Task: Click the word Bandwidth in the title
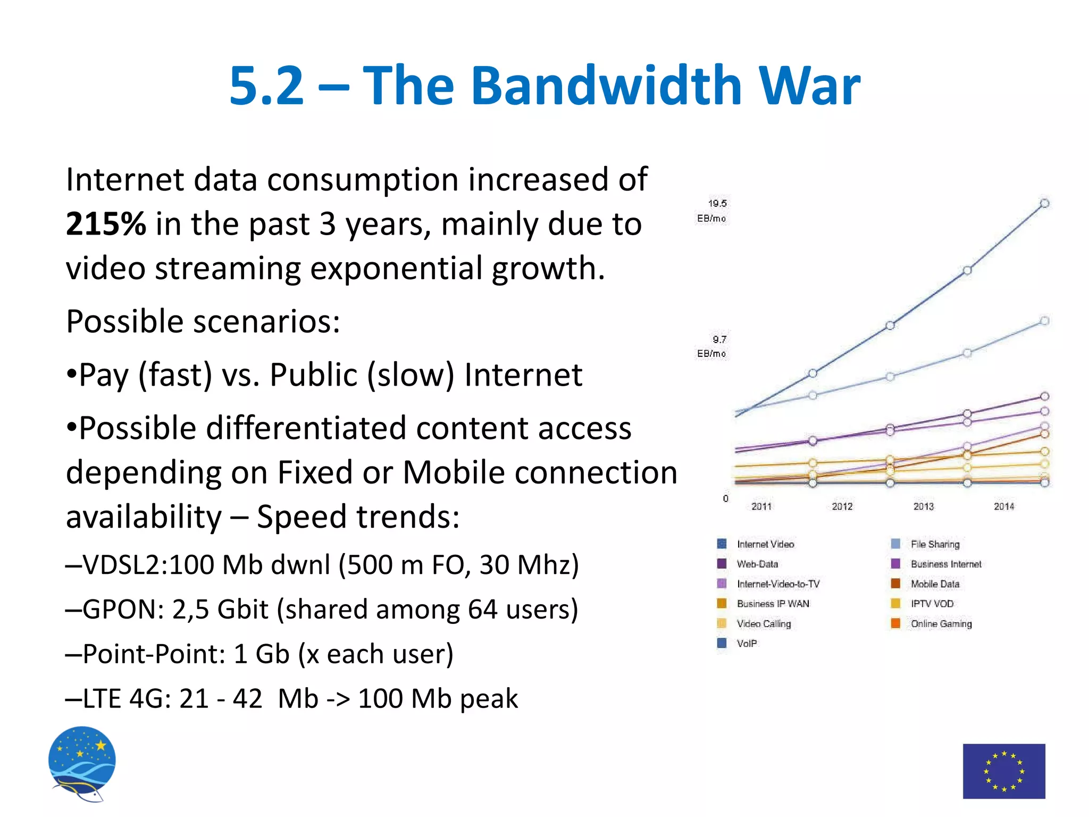[x=606, y=85]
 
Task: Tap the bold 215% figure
[x=105, y=224]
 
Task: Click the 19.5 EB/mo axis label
[x=713, y=211]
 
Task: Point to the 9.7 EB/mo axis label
[x=713, y=346]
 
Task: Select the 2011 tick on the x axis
[x=761, y=506]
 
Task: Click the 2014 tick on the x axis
[x=1003, y=506]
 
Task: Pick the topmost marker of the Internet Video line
[x=1044, y=203]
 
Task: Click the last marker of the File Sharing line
[x=1044, y=321]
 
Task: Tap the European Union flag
[x=1003, y=771]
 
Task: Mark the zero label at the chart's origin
[x=725, y=498]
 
